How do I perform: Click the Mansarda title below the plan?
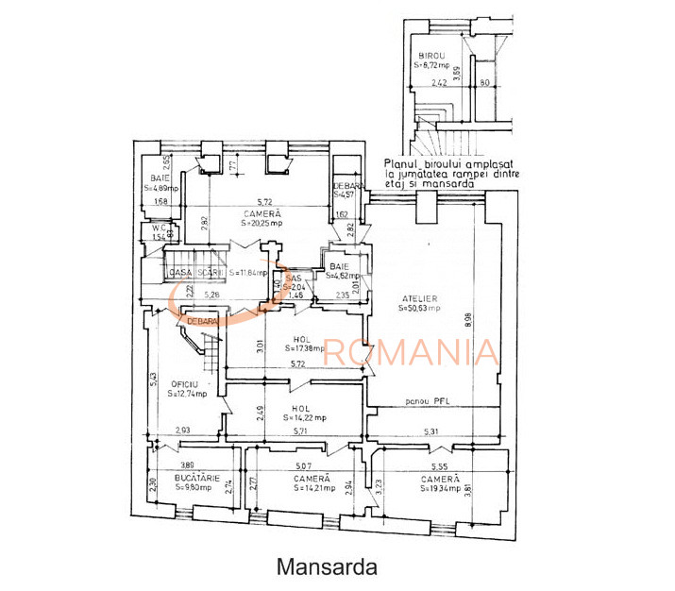[327, 567]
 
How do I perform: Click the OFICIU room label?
[183, 383]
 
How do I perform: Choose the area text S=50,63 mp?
[421, 308]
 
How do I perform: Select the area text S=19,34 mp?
[441, 488]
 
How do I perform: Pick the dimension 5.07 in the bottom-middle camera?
[303, 466]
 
